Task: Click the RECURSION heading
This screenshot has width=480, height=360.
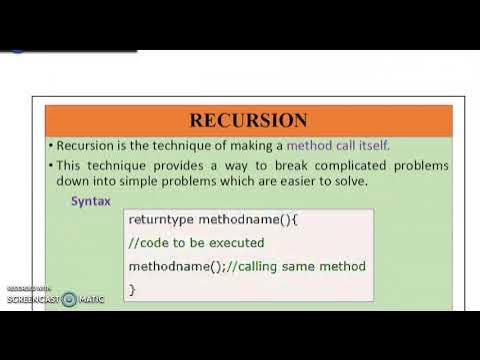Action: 249,121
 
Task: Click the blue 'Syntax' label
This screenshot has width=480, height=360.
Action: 91,201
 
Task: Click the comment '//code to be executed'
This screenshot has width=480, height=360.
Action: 196,242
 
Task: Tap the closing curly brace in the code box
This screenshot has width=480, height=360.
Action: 132,290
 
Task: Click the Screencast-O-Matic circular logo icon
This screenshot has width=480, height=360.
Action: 68,299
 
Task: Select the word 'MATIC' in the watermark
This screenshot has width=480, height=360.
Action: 91,299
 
